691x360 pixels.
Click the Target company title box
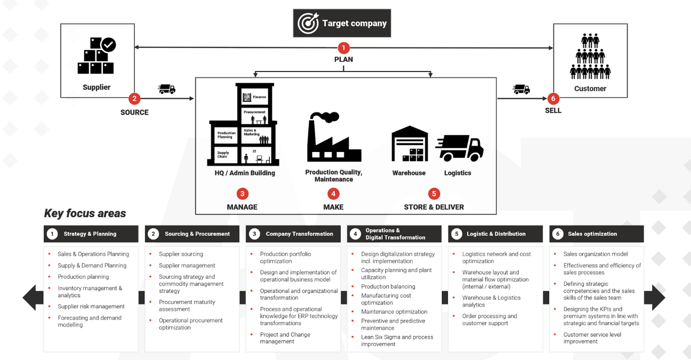tap(342, 23)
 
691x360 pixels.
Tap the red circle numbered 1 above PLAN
tap(344, 48)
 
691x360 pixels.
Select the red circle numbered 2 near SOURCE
tap(134, 98)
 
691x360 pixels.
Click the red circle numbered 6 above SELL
tap(553, 98)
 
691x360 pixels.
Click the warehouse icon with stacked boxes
tap(409, 144)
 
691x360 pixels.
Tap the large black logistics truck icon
tap(459, 147)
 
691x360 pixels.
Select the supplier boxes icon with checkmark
tap(97, 55)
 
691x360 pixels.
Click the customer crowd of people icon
tap(590, 57)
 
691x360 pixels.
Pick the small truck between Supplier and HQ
tap(167, 89)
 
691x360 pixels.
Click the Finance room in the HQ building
tap(255, 97)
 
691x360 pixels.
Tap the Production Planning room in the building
tap(226, 135)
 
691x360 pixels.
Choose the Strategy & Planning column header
tap(91, 234)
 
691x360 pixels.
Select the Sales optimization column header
tap(596, 234)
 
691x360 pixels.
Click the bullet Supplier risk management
tap(91, 307)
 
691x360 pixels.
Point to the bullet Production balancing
tap(388, 286)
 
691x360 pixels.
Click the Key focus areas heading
tap(85, 213)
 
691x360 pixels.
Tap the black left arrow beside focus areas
tap(33, 298)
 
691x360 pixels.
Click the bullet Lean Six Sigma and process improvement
tap(397, 340)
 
